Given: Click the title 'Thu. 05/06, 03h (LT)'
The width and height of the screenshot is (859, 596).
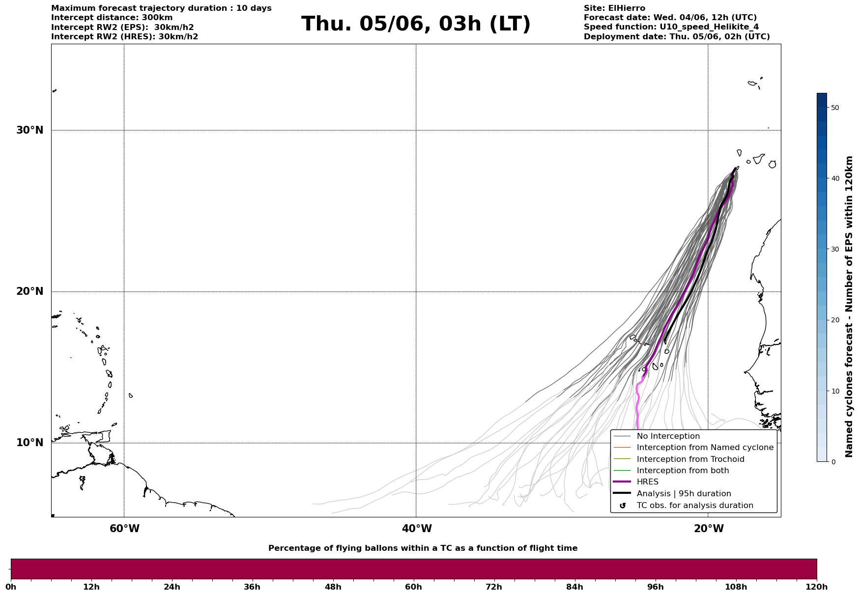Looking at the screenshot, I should tap(416, 24).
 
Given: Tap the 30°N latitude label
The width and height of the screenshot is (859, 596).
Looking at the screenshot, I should tap(30, 130).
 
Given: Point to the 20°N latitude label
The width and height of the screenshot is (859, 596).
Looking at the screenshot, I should tap(30, 291).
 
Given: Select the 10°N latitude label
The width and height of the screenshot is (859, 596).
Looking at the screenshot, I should tap(30, 443).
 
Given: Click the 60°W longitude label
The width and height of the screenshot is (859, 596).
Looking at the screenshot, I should tap(124, 529).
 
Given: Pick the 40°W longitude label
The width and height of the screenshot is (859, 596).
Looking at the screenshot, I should tap(417, 529).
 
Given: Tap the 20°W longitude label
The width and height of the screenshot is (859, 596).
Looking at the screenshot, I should tap(709, 529).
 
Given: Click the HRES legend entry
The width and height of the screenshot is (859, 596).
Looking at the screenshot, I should tap(647, 482).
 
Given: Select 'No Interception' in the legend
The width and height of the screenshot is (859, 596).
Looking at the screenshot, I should tap(668, 436).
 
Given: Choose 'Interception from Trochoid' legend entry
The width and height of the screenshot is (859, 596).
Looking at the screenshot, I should tap(690, 459).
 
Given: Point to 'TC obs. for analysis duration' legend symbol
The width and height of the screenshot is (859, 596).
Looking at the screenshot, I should tap(623, 506).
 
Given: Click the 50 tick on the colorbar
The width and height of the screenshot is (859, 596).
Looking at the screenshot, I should tap(835, 108).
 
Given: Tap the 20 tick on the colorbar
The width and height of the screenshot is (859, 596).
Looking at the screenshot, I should tap(835, 320).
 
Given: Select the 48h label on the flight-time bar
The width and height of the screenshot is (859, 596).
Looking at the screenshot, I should tap(333, 587).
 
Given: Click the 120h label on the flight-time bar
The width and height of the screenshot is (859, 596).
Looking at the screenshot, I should tap(816, 587).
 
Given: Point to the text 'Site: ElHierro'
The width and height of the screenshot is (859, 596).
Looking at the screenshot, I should tap(614, 8).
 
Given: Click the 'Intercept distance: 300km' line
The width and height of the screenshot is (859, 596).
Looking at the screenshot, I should tap(112, 18).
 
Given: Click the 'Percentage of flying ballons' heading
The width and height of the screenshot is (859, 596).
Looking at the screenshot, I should tap(423, 548).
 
